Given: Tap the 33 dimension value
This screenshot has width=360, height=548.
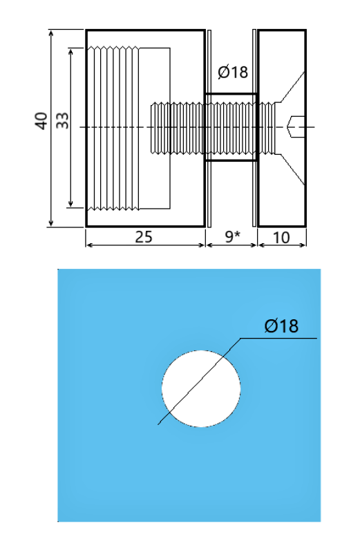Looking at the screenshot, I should [x=63, y=121].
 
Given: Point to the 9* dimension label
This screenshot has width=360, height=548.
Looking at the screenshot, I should [x=233, y=237].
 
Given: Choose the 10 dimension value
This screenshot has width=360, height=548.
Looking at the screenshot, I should [x=281, y=237].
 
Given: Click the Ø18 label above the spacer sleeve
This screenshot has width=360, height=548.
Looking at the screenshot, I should [x=232, y=73].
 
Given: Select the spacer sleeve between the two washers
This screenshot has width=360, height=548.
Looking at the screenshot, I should [x=230, y=126].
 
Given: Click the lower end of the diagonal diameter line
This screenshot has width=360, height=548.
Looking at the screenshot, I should [x=159, y=424].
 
